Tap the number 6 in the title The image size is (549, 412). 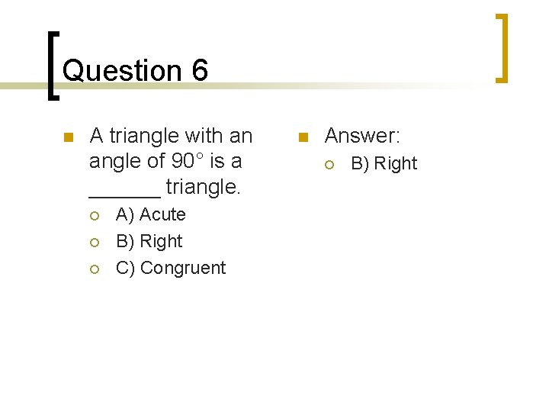coord(201,71)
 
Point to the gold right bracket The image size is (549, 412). coord(502,47)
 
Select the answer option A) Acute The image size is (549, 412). coord(151,214)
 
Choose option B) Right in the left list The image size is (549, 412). coord(149,241)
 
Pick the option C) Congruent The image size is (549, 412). coord(171,268)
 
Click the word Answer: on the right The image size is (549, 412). coord(362,136)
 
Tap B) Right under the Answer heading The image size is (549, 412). coord(384,163)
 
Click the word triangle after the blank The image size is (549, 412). coord(203,185)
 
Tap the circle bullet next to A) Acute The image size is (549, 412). coord(95,216)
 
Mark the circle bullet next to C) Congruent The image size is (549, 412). coord(95,269)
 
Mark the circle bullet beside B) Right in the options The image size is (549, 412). coord(95,243)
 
